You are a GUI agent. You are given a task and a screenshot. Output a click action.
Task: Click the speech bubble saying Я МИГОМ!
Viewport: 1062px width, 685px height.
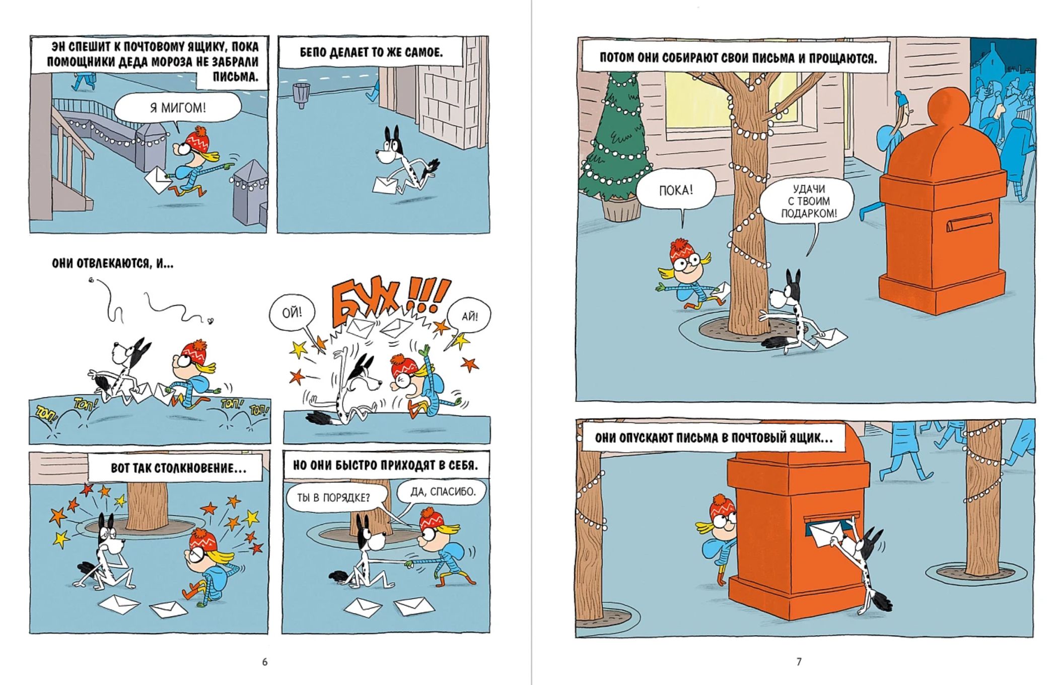pos(177,108)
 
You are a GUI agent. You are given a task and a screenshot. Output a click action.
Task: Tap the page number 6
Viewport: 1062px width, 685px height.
pos(265,662)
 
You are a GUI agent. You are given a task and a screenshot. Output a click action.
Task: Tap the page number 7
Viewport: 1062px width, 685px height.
pos(799,662)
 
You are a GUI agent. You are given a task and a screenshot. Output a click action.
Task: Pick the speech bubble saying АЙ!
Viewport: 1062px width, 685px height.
pos(469,316)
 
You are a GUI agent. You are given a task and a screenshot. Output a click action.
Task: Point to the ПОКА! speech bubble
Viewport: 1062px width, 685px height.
pos(676,190)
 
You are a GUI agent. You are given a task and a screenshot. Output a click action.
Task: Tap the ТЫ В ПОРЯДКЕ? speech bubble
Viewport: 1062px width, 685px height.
pos(333,498)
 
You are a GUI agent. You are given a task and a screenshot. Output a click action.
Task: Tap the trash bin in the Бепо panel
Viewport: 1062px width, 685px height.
pos(301,95)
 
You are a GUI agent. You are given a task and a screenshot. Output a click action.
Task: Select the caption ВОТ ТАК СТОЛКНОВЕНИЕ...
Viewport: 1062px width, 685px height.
pos(178,468)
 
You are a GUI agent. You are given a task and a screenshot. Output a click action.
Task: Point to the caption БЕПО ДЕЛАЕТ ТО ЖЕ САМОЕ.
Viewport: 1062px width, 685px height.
pos(371,52)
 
